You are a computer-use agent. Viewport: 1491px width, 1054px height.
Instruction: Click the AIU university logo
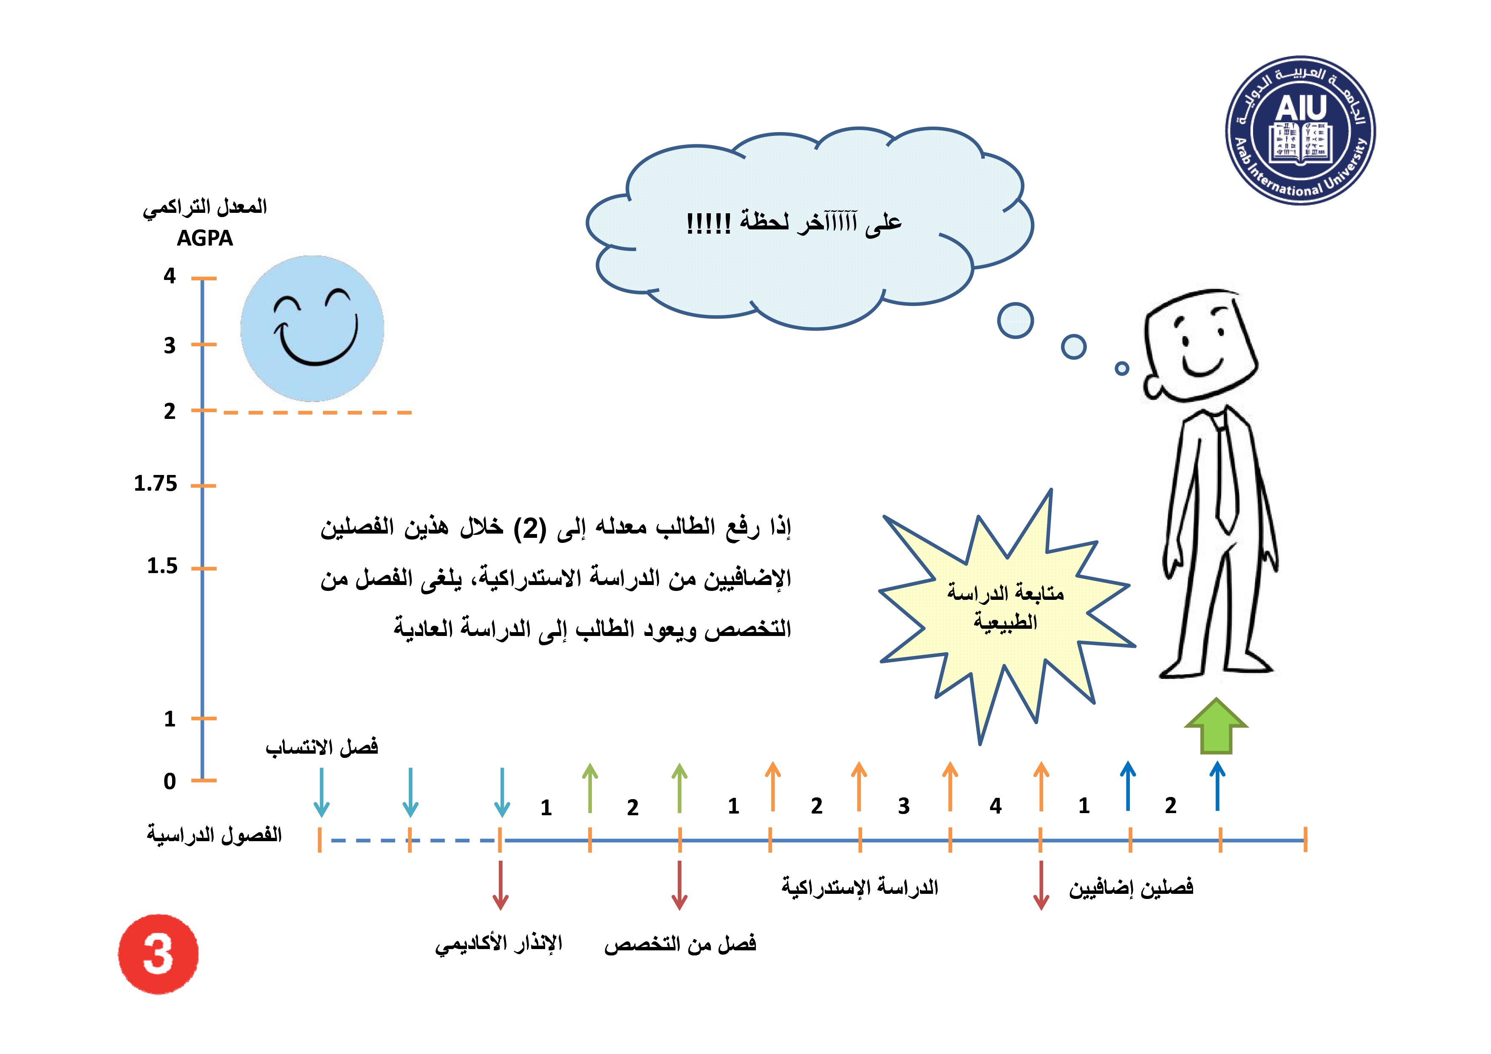pyautogui.click(x=1300, y=130)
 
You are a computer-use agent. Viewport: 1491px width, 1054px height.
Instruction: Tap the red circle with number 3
pyautogui.click(x=158, y=954)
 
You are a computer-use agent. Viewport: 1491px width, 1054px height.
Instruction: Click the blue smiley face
pyautogui.click(x=312, y=328)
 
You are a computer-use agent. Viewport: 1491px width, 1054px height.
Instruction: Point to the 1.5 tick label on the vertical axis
pyautogui.click(x=162, y=566)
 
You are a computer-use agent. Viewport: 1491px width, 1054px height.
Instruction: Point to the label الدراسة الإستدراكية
pyautogui.click(x=860, y=887)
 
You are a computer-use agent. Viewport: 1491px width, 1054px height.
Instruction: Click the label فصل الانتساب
pyautogui.click(x=322, y=747)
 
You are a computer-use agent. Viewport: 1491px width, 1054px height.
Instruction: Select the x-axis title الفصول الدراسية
pyautogui.click(x=214, y=834)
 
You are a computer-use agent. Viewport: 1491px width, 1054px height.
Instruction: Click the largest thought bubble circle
pyautogui.click(x=1016, y=320)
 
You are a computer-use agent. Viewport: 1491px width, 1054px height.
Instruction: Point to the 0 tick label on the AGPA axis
pyautogui.click(x=170, y=781)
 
